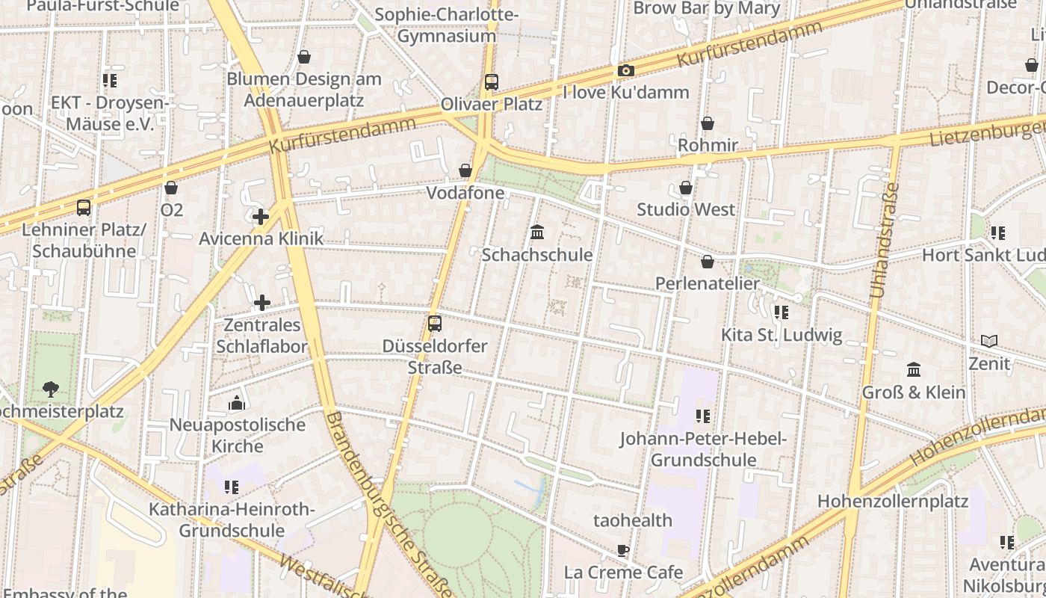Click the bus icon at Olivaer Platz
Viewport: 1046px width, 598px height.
click(x=491, y=82)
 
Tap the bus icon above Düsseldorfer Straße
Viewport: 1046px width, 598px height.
click(x=434, y=324)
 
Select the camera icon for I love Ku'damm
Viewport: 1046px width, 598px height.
click(x=625, y=71)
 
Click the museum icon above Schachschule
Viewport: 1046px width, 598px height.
click(x=536, y=232)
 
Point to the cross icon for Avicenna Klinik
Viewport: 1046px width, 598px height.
click(x=260, y=218)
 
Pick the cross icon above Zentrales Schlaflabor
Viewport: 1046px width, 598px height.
click(x=261, y=303)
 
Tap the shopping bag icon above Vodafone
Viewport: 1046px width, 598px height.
click(x=465, y=171)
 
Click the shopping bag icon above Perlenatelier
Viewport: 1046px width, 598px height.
click(x=707, y=262)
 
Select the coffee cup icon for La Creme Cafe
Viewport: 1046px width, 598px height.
click(x=623, y=551)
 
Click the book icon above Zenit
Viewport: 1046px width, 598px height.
click(x=988, y=342)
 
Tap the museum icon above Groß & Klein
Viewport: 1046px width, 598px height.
click(x=913, y=370)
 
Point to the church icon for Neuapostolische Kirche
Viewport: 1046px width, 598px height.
click(x=237, y=404)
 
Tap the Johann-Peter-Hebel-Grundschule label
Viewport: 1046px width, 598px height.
click(x=702, y=449)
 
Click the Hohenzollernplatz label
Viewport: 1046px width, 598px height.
click(x=892, y=501)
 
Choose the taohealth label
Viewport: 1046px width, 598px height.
click(x=632, y=520)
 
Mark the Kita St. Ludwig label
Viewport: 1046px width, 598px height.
click(x=781, y=335)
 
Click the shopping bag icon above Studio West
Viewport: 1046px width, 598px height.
click(x=685, y=188)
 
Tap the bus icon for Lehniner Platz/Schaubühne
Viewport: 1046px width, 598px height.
click(x=84, y=208)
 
